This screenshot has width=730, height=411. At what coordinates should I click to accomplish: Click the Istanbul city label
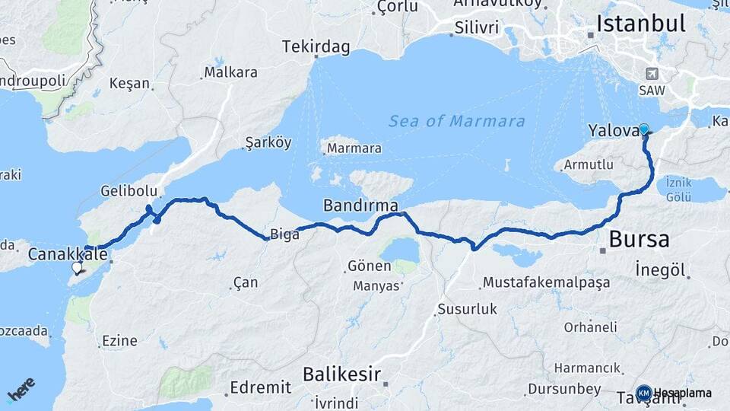click(641, 24)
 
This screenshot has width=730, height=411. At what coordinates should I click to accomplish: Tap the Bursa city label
click(638, 240)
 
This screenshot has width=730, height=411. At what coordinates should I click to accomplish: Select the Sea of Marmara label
click(456, 121)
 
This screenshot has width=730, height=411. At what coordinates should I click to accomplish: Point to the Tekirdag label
click(316, 47)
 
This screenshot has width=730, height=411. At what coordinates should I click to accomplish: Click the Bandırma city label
click(360, 205)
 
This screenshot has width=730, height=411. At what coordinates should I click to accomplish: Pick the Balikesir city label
click(341, 374)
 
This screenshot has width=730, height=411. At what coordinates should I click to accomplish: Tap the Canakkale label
click(68, 253)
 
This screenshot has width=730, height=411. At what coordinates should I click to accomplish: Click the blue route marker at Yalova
click(644, 129)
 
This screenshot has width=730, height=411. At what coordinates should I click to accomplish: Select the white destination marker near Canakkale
click(77, 268)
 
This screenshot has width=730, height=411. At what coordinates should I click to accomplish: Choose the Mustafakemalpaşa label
click(546, 283)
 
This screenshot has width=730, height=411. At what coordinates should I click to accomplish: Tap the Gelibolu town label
click(129, 190)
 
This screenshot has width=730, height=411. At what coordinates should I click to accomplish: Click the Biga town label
click(285, 234)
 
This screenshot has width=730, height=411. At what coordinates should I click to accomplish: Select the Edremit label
click(261, 387)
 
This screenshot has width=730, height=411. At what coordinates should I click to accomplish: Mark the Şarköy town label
click(268, 142)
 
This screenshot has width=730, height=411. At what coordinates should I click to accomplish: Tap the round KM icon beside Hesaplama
click(643, 393)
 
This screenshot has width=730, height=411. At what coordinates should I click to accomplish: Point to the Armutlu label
click(588, 164)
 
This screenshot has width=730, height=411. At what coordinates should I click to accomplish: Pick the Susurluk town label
click(467, 310)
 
